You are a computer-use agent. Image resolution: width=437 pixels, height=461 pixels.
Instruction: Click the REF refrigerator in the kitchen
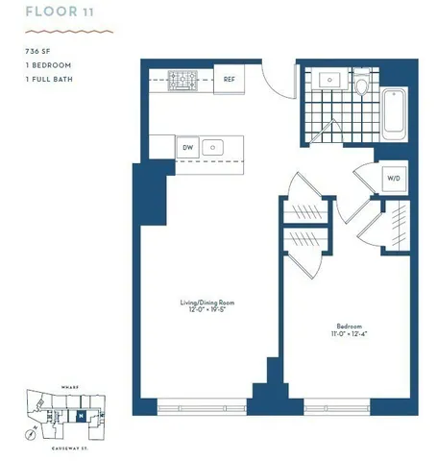point(229,80)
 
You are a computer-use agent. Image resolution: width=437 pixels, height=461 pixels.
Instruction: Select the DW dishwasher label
point(188,148)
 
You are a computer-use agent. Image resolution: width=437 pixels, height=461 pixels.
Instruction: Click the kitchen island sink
point(217,148)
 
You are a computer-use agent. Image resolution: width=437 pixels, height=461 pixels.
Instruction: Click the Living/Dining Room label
point(206,303)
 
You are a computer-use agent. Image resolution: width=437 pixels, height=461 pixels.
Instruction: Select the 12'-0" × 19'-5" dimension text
point(206,311)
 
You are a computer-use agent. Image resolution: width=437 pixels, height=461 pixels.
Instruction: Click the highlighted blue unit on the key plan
point(81,415)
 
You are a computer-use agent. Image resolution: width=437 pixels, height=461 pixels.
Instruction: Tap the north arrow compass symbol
point(33,432)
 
